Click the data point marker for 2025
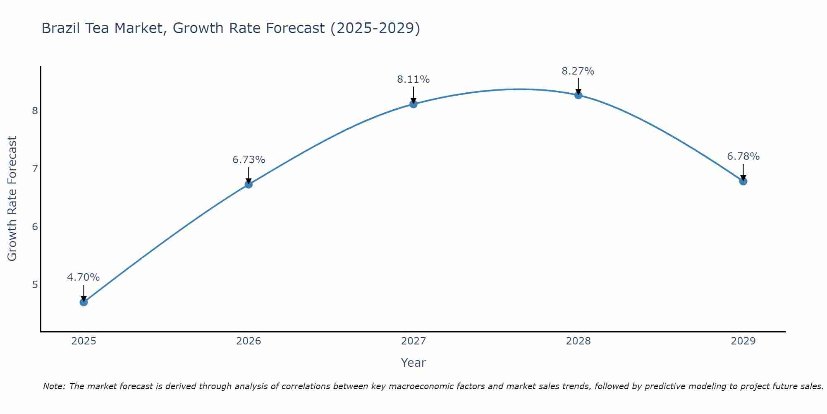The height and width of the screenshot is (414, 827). coord(84,302)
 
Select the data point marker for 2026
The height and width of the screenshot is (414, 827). coord(249,184)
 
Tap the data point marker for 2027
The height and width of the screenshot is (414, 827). coord(413,104)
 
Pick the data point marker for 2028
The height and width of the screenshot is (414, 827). coord(578,95)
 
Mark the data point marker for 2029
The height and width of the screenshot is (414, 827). coord(743,181)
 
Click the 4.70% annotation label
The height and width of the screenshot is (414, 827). coord(84,277)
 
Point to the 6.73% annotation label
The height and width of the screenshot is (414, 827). coord(249,160)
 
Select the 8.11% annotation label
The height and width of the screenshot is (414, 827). coord(413,79)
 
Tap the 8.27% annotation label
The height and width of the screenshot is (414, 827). coord(578,71)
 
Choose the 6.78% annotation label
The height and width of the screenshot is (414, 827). coord(743,156)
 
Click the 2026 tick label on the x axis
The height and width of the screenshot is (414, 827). coord(249,341)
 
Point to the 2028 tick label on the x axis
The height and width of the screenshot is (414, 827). coord(578,341)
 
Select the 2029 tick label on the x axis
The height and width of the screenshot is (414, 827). coord(743,341)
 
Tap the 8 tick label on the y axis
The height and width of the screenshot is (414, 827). coord(35,111)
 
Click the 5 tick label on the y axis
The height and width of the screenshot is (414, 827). coord(35,285)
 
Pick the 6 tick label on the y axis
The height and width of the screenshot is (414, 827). coord(35,227)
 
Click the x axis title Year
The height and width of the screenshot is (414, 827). coord(413,363)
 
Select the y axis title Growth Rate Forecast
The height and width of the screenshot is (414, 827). coord(12,199)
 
